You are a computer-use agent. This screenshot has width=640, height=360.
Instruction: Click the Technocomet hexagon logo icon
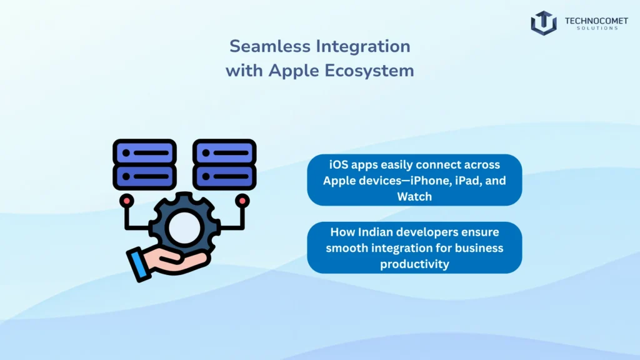544,22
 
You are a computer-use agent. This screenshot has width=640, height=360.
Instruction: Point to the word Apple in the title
294,71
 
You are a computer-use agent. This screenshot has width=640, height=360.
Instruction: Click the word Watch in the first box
414,196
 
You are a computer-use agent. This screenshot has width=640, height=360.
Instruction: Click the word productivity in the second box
414,264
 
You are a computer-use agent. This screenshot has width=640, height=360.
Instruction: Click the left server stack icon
144,164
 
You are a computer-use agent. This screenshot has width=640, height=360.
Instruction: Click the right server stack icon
224,164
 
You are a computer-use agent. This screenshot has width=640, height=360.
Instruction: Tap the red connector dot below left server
127,200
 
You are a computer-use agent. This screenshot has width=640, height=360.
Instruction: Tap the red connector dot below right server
242,200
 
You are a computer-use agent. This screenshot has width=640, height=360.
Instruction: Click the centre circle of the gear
184,230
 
